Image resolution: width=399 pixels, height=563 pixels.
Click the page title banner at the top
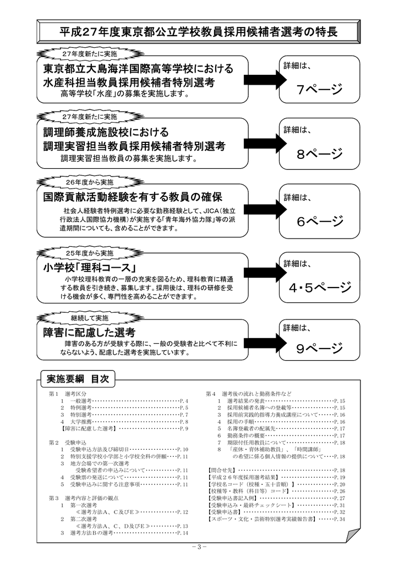pyautogui.click(x=199, y=31)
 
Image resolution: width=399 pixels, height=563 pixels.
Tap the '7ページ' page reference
pyautogui.click(x=320, y=89)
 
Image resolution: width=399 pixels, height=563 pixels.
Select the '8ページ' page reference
pyautogui.click(x=320, y=154)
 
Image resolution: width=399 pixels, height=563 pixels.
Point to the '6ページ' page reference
pyautogui.click(x=320, y=221)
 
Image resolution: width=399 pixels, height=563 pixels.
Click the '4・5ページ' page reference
pyautogui.click(x=320, y=287)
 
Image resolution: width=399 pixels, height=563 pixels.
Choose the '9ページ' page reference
pyautogui.click(x=320, y=348)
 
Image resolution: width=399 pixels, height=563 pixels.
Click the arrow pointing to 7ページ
pyautogui.click(x=265, y=80)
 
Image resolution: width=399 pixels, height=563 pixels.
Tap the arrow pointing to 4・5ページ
pyautogui.click(x=265, y=272)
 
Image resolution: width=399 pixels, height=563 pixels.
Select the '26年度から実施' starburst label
pyautogui.click(x=90, y=183)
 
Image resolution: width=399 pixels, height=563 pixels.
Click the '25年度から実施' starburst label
pyautogui.click(x=90, y=253)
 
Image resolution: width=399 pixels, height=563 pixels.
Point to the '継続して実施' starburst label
pyautogui.click(x=90, y=318)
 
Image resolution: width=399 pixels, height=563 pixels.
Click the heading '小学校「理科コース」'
pyautogui.click(x=90, y=268)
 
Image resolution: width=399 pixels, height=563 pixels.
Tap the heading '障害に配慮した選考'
pyautogui.click(x=90, y=332)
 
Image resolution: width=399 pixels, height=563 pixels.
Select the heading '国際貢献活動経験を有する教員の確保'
pyautogui.click(x=133, y=197)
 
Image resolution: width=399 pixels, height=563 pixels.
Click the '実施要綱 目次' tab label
pyautogui.click(x=78, y=379)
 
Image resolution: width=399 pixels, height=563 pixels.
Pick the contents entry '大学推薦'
pyautogui.click(x=81, y=422)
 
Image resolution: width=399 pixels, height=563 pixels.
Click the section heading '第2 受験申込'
pyautogui.click(x=68, y=443)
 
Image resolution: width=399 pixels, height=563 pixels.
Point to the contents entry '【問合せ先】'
pyautogui.click(x=221, y=470)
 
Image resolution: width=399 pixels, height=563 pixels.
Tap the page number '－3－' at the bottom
pyautogui.click(x=199, y=547)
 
